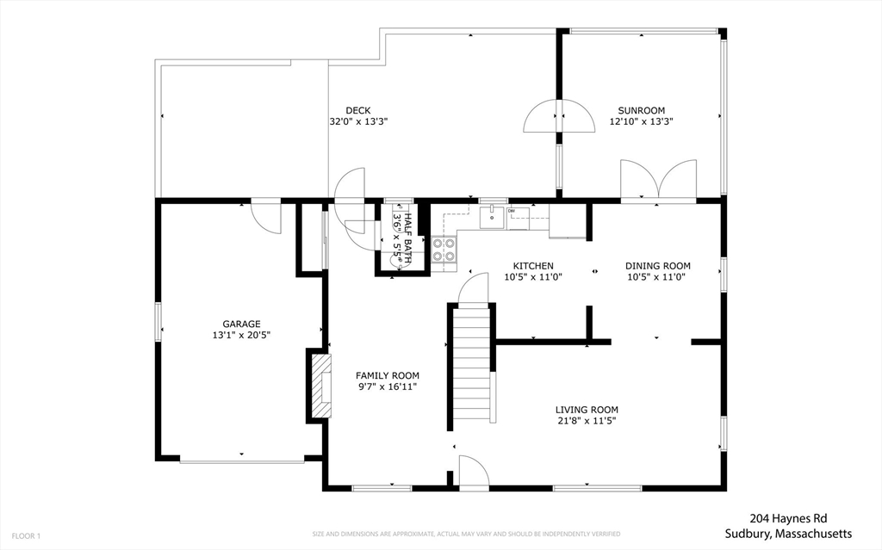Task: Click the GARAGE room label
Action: coord(241,324)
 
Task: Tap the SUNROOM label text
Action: coord(641,111)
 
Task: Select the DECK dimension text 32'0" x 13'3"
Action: coord(358,121)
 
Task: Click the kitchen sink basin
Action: coord(492,218)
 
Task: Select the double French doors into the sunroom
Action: coord(658,179)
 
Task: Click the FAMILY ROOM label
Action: coord(387,375)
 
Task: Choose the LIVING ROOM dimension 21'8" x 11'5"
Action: coord(587,421)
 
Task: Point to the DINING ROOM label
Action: coord(657,266)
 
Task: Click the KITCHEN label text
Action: coord(533,266)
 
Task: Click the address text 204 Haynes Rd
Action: coord(788,518)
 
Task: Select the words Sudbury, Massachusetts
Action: coord(788,534)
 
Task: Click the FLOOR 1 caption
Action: coord(26,536)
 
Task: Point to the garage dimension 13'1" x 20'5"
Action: coord(241,335)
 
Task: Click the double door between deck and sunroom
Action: coord(559,116)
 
